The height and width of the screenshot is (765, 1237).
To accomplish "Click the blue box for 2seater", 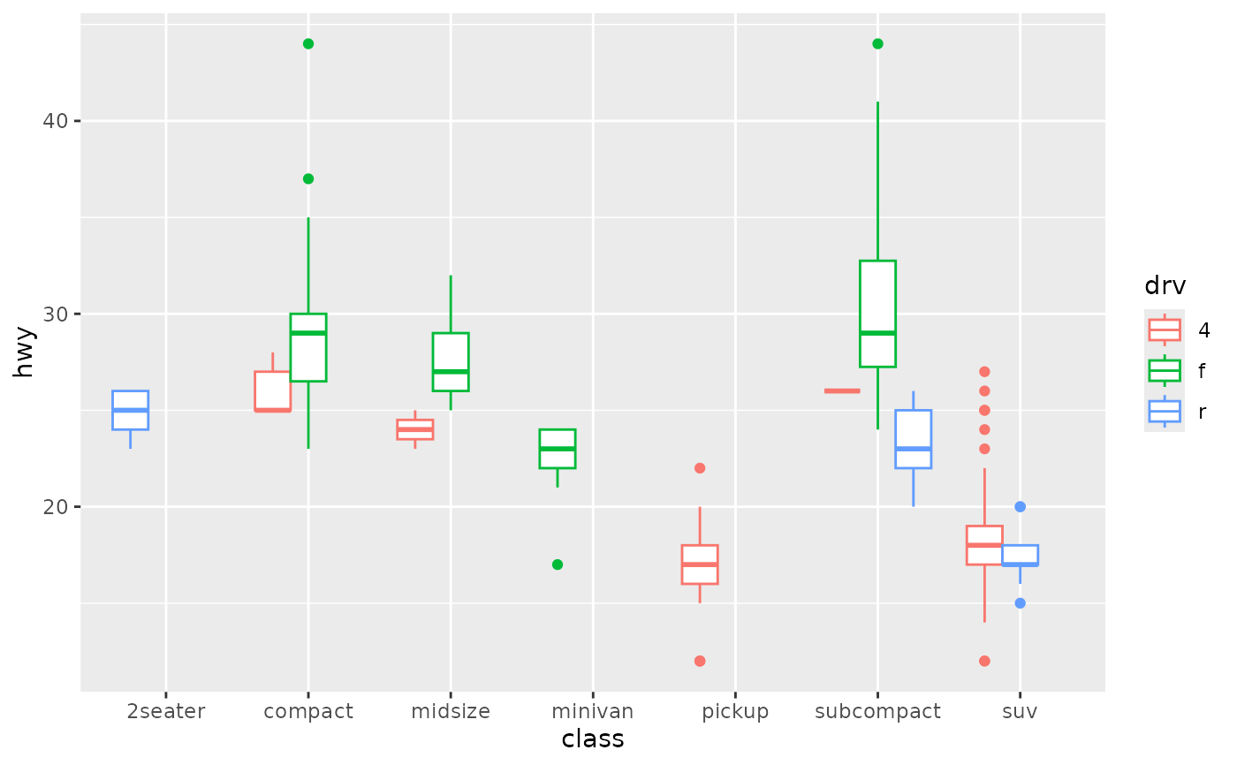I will point(130,410).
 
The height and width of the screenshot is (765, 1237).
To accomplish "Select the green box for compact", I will point(308,347).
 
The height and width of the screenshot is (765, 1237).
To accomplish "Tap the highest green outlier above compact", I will point(308,43).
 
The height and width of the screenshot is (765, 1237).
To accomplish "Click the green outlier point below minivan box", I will point(558,564).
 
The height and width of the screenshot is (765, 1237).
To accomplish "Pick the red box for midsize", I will point(415,429).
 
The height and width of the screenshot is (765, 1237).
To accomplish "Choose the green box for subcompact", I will point(877,314).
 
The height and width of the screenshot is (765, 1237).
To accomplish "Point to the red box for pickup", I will point(700,564).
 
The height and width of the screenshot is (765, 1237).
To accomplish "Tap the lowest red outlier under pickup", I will point(700,661).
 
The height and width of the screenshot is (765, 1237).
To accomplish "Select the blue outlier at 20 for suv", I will point(1020,506).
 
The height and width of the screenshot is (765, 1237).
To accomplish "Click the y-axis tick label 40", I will point(56,121).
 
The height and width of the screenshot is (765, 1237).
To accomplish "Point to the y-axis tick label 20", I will point(56,507).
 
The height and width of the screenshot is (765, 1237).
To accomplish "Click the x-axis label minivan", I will point(592,711).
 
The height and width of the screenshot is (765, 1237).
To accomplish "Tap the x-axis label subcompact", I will point(877,711).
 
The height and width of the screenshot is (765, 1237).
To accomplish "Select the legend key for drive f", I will point(1165,370).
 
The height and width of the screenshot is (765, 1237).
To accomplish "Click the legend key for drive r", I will point(1165,411).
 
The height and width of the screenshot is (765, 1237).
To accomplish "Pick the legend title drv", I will point(1165,285).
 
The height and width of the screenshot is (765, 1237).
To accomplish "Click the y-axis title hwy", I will point(24,352).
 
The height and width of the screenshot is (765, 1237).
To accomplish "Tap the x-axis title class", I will point(592,738).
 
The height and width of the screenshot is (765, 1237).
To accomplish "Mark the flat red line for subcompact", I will point(842,390).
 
